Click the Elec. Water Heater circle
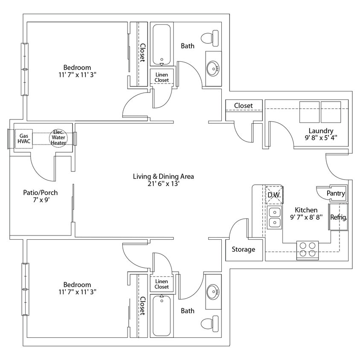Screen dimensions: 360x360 [58, 137]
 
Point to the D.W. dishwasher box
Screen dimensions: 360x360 [273, 195]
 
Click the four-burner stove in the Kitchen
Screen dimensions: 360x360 [308, 250]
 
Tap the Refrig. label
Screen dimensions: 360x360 [339, 217]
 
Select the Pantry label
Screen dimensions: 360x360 [336, 194]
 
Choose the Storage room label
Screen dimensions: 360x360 [243, 250]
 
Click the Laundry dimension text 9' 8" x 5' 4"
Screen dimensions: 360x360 [321, 138]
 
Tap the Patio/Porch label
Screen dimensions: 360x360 [40, 193]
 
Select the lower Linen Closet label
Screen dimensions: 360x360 [162, 284]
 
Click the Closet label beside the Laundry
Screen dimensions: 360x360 [243, 105]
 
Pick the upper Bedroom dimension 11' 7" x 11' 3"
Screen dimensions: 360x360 [77, 75]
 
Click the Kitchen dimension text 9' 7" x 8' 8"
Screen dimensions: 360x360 [306, 217]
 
